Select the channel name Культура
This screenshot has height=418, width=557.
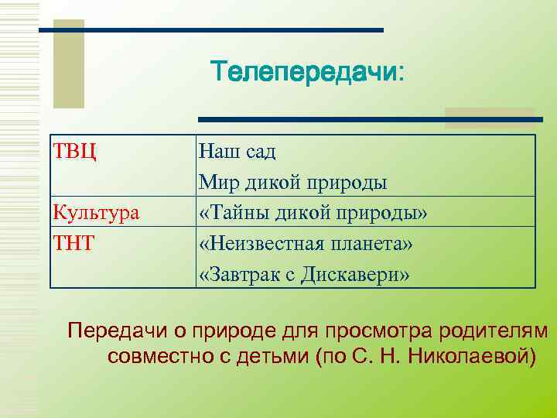click(96, 211)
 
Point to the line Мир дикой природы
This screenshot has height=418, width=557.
click(292, 181)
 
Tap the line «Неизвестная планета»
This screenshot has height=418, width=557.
click(306, 243)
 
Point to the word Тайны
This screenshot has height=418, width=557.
click(231, 212)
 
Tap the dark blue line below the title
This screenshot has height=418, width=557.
click(371, 120)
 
